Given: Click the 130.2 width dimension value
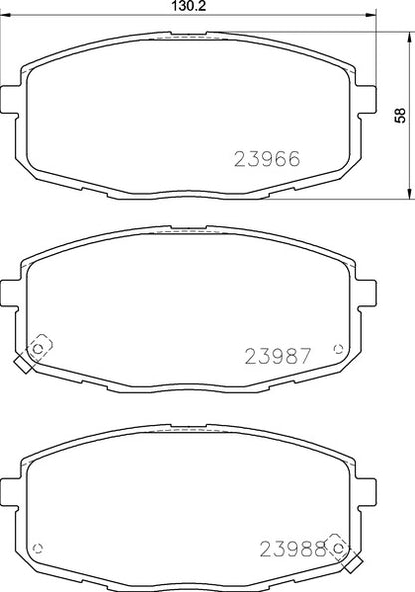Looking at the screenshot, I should (188, 6).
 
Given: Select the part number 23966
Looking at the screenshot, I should (266, 158).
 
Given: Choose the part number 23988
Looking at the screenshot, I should (293, 548).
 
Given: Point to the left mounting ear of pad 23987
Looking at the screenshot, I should (11, 292).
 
